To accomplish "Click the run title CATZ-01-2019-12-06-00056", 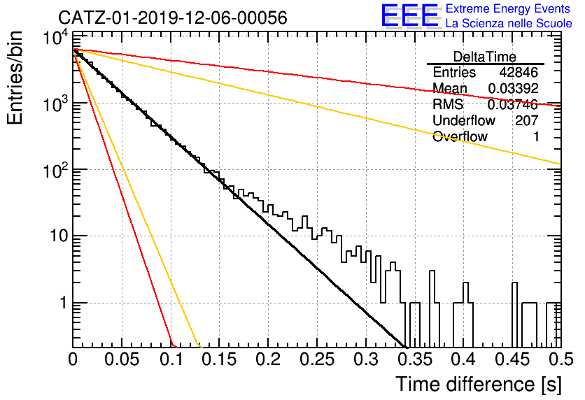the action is pos(173,17).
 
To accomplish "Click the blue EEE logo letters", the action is pos(410,15).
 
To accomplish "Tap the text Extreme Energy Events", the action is pos(508,8).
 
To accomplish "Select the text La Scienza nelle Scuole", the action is pos(509,24).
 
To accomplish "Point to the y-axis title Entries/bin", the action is pos(15,78).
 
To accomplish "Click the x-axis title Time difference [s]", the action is pos(479,385).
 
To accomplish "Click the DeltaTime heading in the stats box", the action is pos(485,57).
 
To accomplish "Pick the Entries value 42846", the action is pos(519,72).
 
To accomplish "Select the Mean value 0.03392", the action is pos(513,88).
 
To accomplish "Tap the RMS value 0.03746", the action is pos(513,104).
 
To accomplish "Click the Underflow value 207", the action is pos(526,120).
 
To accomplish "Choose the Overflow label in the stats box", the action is pos(460,136).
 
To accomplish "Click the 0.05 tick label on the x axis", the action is pos(122,359).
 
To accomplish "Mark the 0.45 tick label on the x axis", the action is pos(512,359).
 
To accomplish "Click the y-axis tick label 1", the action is pos(63,303).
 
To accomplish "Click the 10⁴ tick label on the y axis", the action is pos(55,37).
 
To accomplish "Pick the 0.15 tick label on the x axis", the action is pos(219,359).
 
